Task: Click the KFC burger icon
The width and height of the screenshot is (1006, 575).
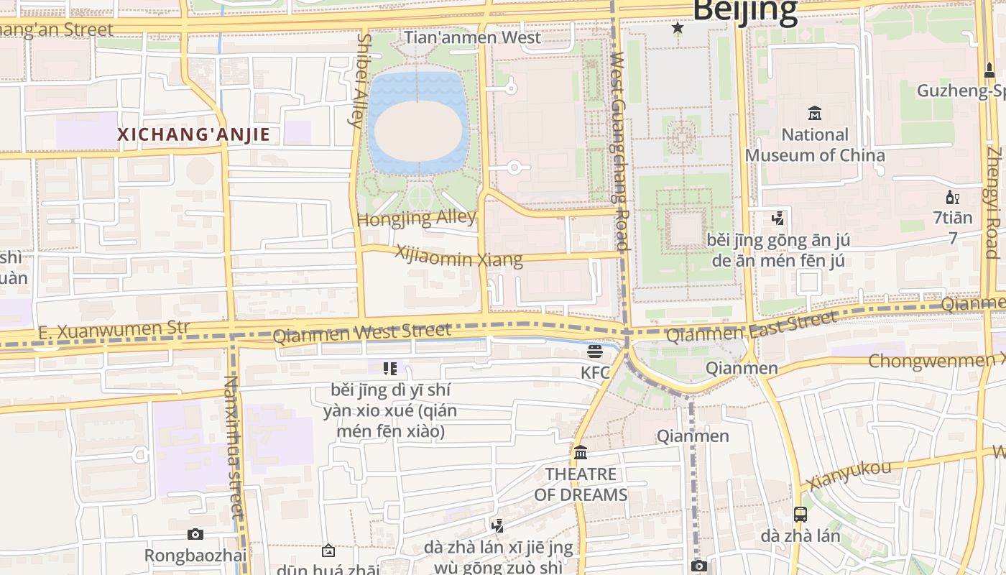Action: pyautogui.click(x=595, y=351)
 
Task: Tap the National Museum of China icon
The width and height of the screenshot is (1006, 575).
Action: pyautogui.click(x=815, y=113)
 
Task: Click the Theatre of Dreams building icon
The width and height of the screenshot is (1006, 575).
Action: pyautogui.click(x=581, y=453)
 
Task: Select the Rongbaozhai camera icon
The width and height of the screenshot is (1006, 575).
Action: pyautogui.click(x=195, y=534)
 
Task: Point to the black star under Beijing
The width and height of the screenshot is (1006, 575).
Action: pyautogui.click(x=677, y=28)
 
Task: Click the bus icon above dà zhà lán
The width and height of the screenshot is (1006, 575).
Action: pyautogui.click(x=800, y=514)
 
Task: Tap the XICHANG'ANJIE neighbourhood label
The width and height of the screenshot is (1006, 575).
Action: pyautogui.click(x=193, y=134)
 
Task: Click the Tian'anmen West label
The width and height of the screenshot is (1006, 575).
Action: pyautogui.click(x=472, y=37)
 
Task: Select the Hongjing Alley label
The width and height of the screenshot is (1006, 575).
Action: pyautogui.click(x=417, y=218)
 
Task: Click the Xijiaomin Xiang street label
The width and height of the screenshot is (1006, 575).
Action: pyautogui.click(x=458, y=256)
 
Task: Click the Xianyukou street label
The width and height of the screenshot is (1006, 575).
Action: pyautogui.click(x=849, y=475)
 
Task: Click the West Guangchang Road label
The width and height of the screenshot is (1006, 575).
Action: pyautogui.click(x=619, y=151)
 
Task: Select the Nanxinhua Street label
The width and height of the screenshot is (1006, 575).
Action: pyautogui.click(x=234, y=446)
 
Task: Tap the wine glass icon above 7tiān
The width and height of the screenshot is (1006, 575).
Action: pyautogui.click(x=952, y=198)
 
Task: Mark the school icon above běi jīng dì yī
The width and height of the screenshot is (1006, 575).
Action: pyautogui.click(x=390, y=369)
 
